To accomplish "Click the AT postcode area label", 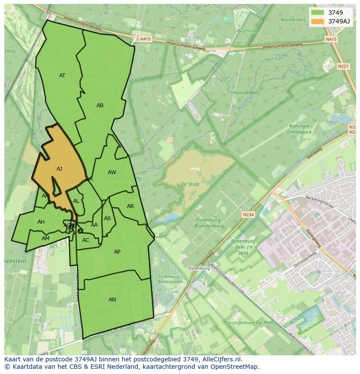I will (62, 76).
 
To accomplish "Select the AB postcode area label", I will (100, 106).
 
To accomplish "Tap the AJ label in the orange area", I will (60, 169).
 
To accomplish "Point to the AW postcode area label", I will (112, 172).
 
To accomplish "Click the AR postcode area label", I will (130, 206).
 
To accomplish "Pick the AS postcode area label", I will (107, 218).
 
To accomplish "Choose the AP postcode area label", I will (117, 252).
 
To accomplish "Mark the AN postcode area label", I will (112, 300).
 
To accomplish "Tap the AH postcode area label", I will (41, 222).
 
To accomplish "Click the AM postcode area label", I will (46, 238).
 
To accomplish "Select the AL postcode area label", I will (76, 201).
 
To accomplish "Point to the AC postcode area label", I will (86, 240).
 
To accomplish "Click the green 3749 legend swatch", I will (318, 13).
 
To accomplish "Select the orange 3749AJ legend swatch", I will (318, 21).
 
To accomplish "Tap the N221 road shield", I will (343, 66).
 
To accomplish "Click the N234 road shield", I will (248, 215).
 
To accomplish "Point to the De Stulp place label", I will (190, 184).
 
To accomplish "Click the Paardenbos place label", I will (246, 93).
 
